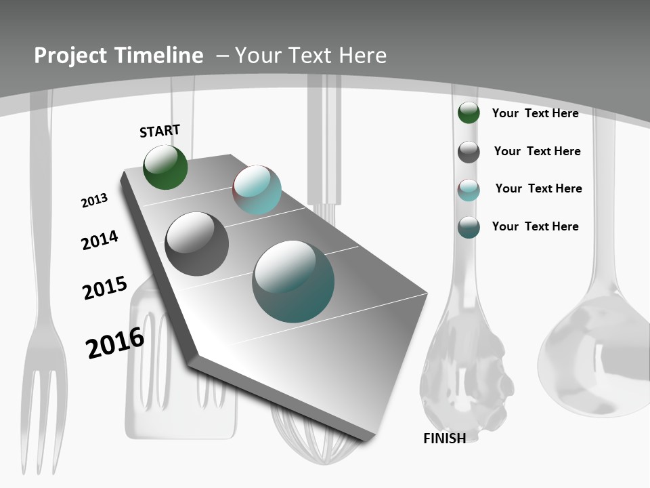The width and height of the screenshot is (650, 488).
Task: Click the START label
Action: tap(160, 131)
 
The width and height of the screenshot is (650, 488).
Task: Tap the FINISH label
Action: tap(444, 439)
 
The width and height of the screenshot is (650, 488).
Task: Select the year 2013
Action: tap(94, 201)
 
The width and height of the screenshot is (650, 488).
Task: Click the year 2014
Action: tap(100, 240)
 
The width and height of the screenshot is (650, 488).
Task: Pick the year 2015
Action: tap(105, 287)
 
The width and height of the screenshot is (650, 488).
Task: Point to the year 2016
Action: tap(115, 343)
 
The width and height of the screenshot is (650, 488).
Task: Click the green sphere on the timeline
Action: tap(165, 167)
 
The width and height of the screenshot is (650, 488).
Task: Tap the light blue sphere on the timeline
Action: tap(257, 190)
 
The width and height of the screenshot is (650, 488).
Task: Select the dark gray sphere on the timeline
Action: tap(196, 244)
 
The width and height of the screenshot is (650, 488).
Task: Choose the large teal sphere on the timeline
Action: tap(293, 281)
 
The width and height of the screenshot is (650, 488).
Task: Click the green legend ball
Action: tap(469, 113)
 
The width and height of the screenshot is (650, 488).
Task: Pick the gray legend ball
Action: tap(469, 152)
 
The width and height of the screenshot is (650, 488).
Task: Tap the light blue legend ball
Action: tap(469, 190)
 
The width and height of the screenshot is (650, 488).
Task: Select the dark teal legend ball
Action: tap(469, 227)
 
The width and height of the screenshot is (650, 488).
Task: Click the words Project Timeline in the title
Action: tap(118, 56)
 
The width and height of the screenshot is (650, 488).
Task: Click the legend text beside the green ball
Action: tap(535, 113)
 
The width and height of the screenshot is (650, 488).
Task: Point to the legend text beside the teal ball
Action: tap(535, 226)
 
